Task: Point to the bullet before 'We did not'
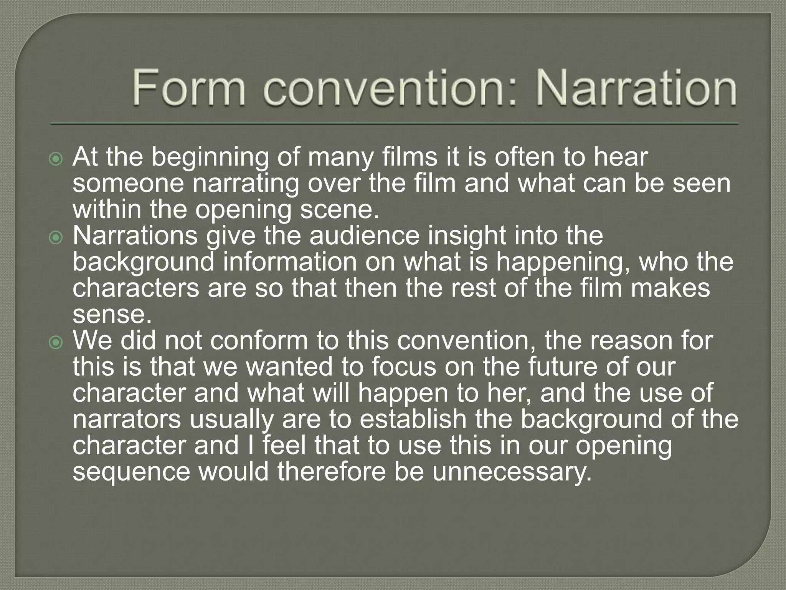pos(56,342)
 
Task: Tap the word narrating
pos(246,184)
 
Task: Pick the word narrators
pos(127,419)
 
